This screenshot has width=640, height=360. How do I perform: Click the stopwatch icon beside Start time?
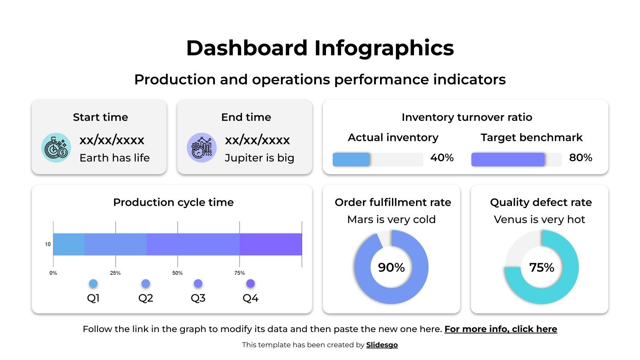[56, 148]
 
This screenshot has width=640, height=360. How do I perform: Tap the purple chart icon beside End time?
[202, 148]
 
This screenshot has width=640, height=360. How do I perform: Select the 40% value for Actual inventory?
[442, 158]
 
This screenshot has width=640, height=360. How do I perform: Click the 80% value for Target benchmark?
[580, 158]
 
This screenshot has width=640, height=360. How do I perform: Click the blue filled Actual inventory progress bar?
[351, 159]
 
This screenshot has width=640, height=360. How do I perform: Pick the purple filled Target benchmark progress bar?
[508, 159]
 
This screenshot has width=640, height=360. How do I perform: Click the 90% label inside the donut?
[391, 267]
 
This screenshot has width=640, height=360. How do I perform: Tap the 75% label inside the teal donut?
[542, 267]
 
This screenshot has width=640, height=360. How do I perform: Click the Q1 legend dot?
[93, 284]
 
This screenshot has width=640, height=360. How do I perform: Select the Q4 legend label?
[250, 298]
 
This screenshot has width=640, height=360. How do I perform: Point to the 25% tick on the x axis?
[115, 273]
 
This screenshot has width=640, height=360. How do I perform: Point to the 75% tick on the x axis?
[239, 273]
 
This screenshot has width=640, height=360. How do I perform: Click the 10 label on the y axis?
[48, 244]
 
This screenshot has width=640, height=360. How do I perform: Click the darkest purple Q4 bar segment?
[270, 244]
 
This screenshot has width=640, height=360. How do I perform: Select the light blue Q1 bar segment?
[68, 244]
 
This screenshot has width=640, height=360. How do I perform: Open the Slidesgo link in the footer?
[382, 345]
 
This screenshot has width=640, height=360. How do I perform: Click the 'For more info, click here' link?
[500, 329]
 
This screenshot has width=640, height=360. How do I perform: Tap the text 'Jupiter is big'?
[259, 158]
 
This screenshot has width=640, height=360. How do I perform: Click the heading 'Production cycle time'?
[173, 202]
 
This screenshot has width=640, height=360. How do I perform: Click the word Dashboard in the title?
[246, 48]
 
